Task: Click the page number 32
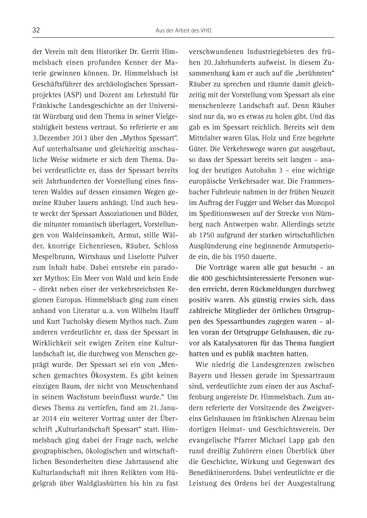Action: [x=36, y=31]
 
